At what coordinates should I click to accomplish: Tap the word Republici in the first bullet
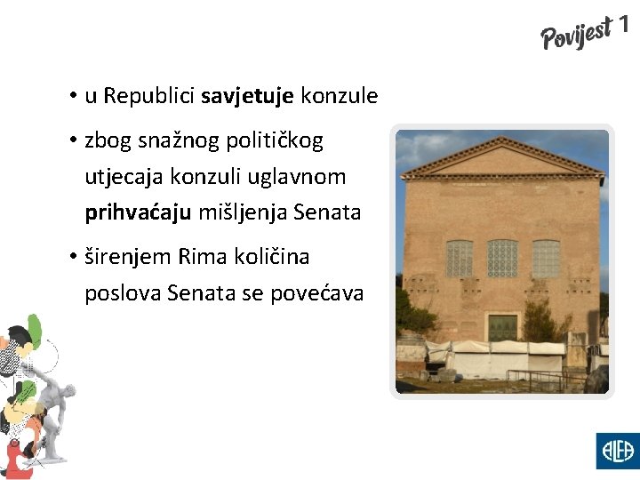pyautogui.click(x=149, y=96)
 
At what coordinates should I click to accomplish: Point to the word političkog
pyautogui.click(x=275, y=140)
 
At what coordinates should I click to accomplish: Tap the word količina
pyautogui.click(x=266, y=257)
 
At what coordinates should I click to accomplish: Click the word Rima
pyautogui.click(x=200, y=257)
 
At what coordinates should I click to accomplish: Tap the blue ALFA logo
pyautogui.click(x=616, y=450)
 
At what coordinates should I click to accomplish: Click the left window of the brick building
pyautogui.click(x=459, y=259)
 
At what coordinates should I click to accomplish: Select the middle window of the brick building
pyautogui.click(x=502, y=258)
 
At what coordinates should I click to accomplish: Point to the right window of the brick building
pyautogui.click(x=546, y=259)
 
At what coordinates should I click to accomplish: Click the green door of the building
pyautogui.click(x=502, y=326)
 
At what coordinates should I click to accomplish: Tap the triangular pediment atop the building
pyautogui.click(x=502, y=160)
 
